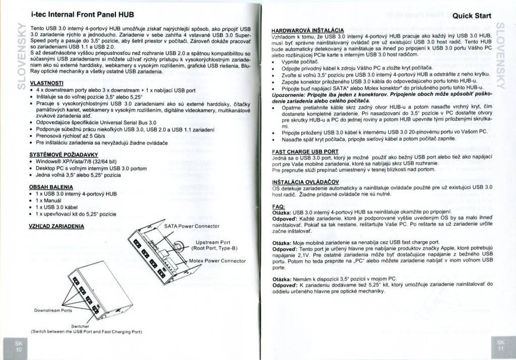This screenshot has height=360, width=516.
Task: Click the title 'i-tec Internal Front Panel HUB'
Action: pyautogui.click(x=83, y=15)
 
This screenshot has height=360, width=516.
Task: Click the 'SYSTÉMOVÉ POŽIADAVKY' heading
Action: pyautogui.click(x=63, y=154)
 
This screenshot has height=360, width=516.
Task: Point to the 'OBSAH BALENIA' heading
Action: pyautogui.click(x=51, y=187)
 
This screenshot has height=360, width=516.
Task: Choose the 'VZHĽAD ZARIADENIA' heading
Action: pyautogui.click(x=57, y=226)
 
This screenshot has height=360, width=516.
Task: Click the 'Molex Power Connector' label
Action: pyautogui.click(x=217, y=261)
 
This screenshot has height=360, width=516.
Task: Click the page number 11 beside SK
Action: pyautogui.click(x=500, y=348)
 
